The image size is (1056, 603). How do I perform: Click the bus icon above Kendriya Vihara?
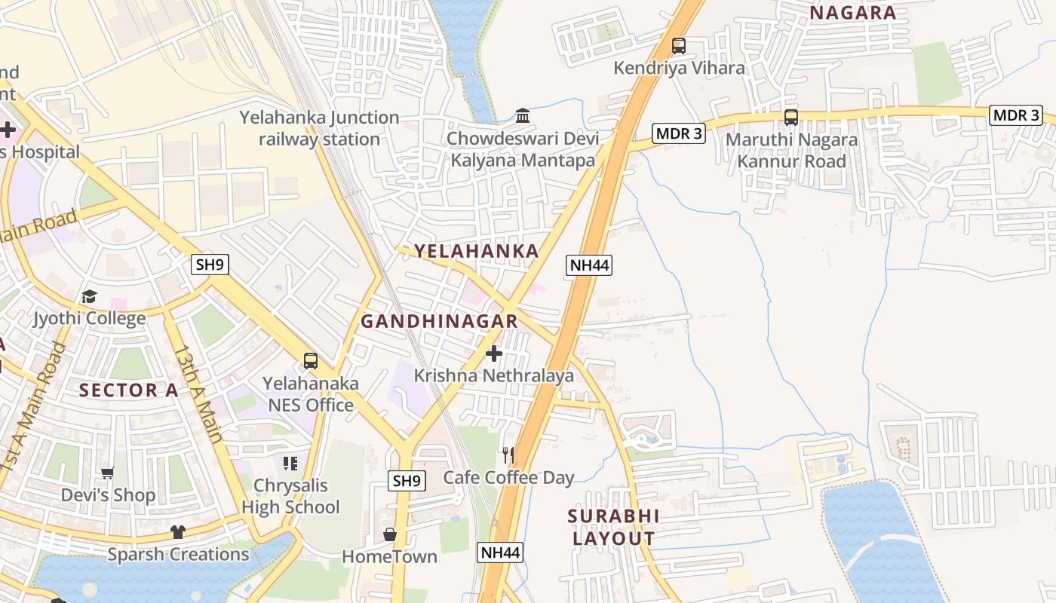coord(679,46)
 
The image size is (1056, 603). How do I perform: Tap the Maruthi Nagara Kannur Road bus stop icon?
coord(790,118)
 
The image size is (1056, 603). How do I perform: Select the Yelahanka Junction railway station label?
coord(319,128)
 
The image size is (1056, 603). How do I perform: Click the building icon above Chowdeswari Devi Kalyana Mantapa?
coord(522,116)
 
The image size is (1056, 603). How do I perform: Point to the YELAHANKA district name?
coord(476,251)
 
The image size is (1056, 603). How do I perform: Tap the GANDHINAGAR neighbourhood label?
coord(439,321)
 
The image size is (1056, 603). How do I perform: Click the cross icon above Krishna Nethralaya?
coord(494,354)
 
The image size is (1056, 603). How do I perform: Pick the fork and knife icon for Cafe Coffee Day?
coord(508,455)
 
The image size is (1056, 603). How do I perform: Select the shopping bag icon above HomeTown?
coord(389,534)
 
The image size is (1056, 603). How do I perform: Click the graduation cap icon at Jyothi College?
coord(89,296)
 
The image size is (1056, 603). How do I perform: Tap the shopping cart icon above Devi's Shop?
coord(108,473)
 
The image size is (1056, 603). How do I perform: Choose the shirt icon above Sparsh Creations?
coord(177,532)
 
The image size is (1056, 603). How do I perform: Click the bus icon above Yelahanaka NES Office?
coord(310,360)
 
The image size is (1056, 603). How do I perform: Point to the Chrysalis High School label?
coord(290,496)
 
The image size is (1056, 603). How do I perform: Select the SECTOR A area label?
coord(129,390)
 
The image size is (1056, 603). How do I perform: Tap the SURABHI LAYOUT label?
coord(613,527)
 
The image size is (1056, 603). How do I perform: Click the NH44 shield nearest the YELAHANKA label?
coord(589,265)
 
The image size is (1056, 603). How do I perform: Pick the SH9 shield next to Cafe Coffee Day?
coord(407,480)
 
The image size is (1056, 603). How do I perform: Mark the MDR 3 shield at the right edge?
coord(1015,115)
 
